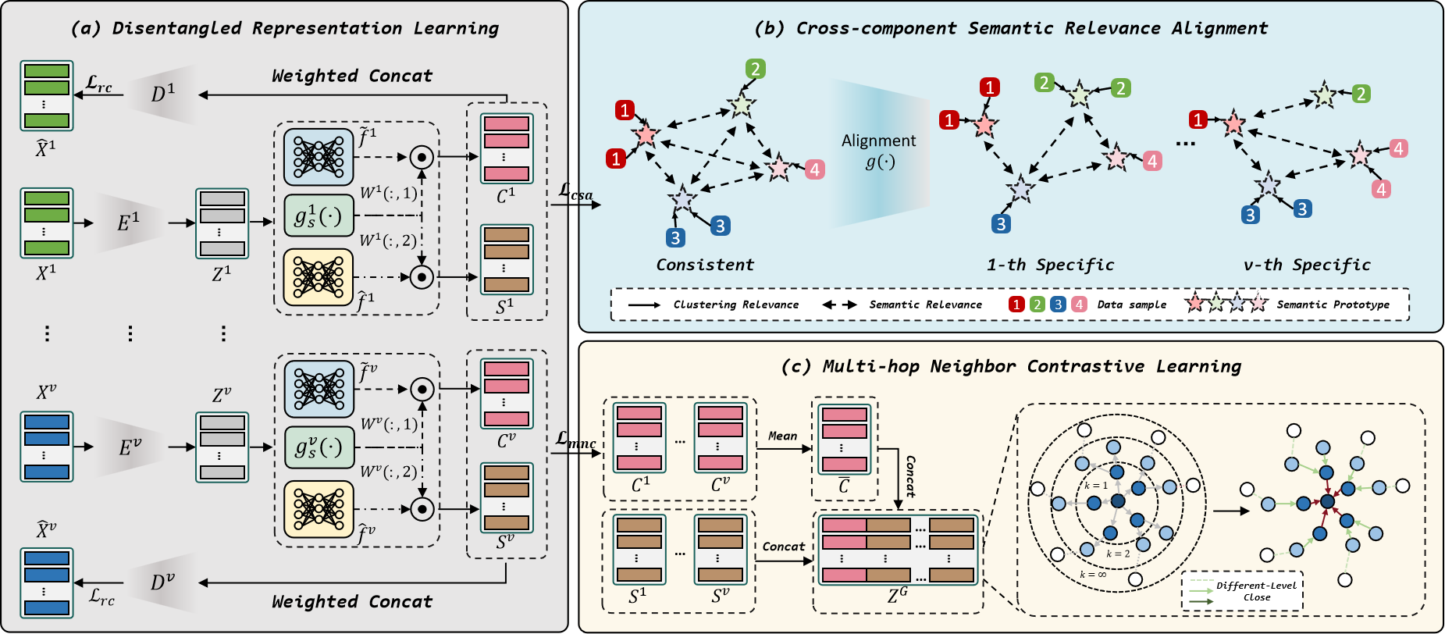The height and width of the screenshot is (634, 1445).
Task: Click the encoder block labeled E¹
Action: click(x=130, y=223)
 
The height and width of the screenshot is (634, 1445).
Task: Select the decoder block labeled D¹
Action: click(x=162, y=94)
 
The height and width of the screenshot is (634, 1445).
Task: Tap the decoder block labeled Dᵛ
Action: click(x=162, y=582)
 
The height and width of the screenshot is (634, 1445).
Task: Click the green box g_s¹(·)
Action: click(x=319, y=216)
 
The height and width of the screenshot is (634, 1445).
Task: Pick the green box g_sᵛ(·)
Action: click(x=319, y=447)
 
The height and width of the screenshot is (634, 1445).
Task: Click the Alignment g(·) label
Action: click(x=879, y=151)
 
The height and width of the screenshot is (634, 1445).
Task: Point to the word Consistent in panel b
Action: click(x=705, y=265)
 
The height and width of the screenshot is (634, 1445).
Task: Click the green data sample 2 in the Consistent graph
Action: click(x=755, y=69)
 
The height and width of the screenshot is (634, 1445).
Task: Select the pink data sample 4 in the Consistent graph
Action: click(x=815, y=169)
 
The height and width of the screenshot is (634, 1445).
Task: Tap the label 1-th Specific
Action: click(x=1050, y=265)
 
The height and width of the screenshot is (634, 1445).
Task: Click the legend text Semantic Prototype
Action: click(x=1333, y=305)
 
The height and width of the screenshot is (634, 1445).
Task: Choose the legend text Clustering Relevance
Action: click(x=736, y=305)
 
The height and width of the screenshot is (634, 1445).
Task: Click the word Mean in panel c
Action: click(x=782, y=436)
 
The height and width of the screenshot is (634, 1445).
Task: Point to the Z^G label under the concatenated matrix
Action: click(x=898, y=595)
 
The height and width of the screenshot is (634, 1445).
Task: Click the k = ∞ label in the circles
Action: click(x=1093, y=575)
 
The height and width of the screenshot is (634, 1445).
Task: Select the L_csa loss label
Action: click(x=576, y=192)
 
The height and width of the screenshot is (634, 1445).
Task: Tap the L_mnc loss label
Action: click(x=576, y=440)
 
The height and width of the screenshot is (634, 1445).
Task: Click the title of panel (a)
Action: click(x=285, y=29)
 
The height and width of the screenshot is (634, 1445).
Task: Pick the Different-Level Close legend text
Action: click(x=1256, y=591)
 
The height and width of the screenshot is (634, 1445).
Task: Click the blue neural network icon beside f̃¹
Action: click(x=319, y=156)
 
